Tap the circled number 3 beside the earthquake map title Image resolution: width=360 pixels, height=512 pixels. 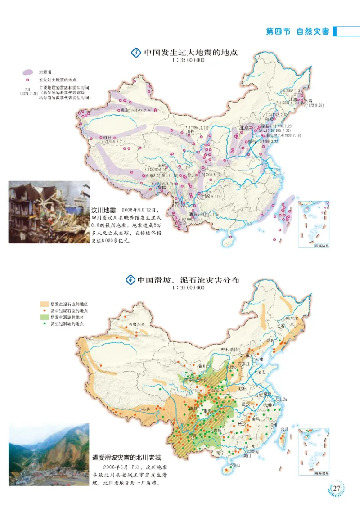coord(136,53)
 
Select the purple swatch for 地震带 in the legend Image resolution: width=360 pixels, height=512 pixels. coord(28,72)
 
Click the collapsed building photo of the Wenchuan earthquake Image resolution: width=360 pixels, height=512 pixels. coord(49,212)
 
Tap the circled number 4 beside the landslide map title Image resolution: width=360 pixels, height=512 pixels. coord(130,280)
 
